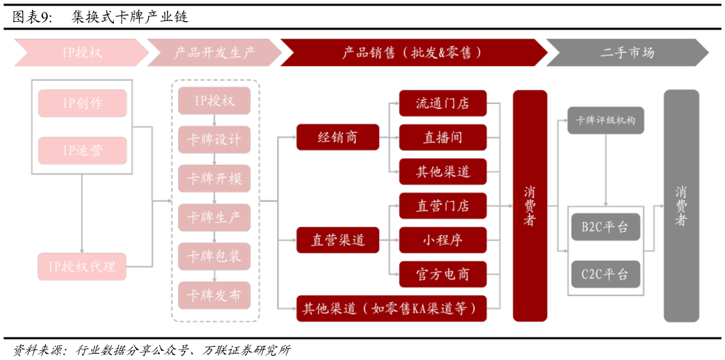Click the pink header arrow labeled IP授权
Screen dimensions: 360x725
[82, 53]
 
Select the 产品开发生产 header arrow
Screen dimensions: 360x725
[214, 53]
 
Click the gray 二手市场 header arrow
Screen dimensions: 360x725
[627, 53]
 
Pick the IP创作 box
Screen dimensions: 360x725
[82, 103]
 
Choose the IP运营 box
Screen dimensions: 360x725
[82, 150]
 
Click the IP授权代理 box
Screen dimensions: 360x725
[82, 266]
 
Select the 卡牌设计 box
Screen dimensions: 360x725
[214, 140]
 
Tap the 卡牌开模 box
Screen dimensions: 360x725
[214, 179]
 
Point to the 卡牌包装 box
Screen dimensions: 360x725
[214, 257]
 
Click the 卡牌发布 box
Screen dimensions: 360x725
[214, 295]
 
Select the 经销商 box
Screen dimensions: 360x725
[338, 137]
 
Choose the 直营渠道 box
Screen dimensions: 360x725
[338, 240]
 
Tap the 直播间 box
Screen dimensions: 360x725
[442, 137]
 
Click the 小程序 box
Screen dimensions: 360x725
[442, 240]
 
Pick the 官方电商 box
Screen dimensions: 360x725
[442, 274]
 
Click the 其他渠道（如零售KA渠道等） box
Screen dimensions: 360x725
[392, 308]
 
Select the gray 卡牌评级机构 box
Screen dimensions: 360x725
[605, 120]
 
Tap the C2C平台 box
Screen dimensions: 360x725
[605, 274]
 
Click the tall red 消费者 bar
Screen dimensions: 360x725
[530, 205]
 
